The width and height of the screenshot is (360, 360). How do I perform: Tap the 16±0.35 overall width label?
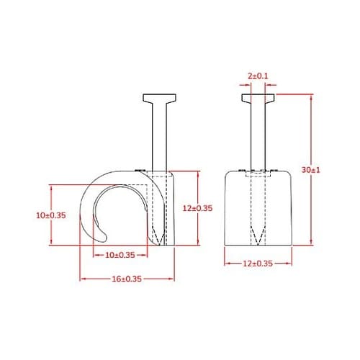pyautogui.click(x=126, y=279)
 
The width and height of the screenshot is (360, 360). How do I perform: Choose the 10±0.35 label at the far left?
pyautogui.click(x=50, y=215)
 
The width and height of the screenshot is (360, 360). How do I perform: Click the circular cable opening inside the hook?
pyautogui.click(x=122, y=215)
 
